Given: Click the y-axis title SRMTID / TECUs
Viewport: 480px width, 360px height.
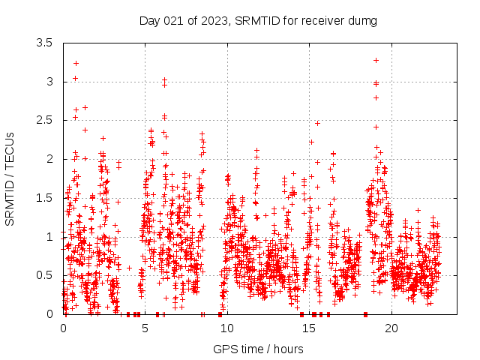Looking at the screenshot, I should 10,178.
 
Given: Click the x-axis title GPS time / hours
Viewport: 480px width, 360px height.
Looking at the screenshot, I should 258,349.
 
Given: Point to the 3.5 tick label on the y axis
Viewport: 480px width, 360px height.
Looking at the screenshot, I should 44,43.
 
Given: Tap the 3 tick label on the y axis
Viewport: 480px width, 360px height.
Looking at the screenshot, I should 49,82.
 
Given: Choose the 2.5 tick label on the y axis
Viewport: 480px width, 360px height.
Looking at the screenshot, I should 44,121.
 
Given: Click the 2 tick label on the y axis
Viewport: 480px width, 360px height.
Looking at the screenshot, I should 49,159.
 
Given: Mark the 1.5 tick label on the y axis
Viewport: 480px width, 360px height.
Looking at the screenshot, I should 44,198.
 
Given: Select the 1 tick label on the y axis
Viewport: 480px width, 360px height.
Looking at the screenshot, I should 49,237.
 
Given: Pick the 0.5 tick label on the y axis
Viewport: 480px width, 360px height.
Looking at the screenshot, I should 44,276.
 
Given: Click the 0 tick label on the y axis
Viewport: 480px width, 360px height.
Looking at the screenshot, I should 49,314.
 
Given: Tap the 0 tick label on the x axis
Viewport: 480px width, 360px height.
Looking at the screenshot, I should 63,328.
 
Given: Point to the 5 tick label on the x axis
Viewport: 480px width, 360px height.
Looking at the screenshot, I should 145,328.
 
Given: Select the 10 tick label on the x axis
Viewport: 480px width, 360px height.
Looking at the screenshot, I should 226,328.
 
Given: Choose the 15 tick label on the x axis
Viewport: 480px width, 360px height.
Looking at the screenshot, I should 309,328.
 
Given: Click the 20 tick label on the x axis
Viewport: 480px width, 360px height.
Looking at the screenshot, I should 391,328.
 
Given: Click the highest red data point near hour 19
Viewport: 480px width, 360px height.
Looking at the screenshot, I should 376,60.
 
